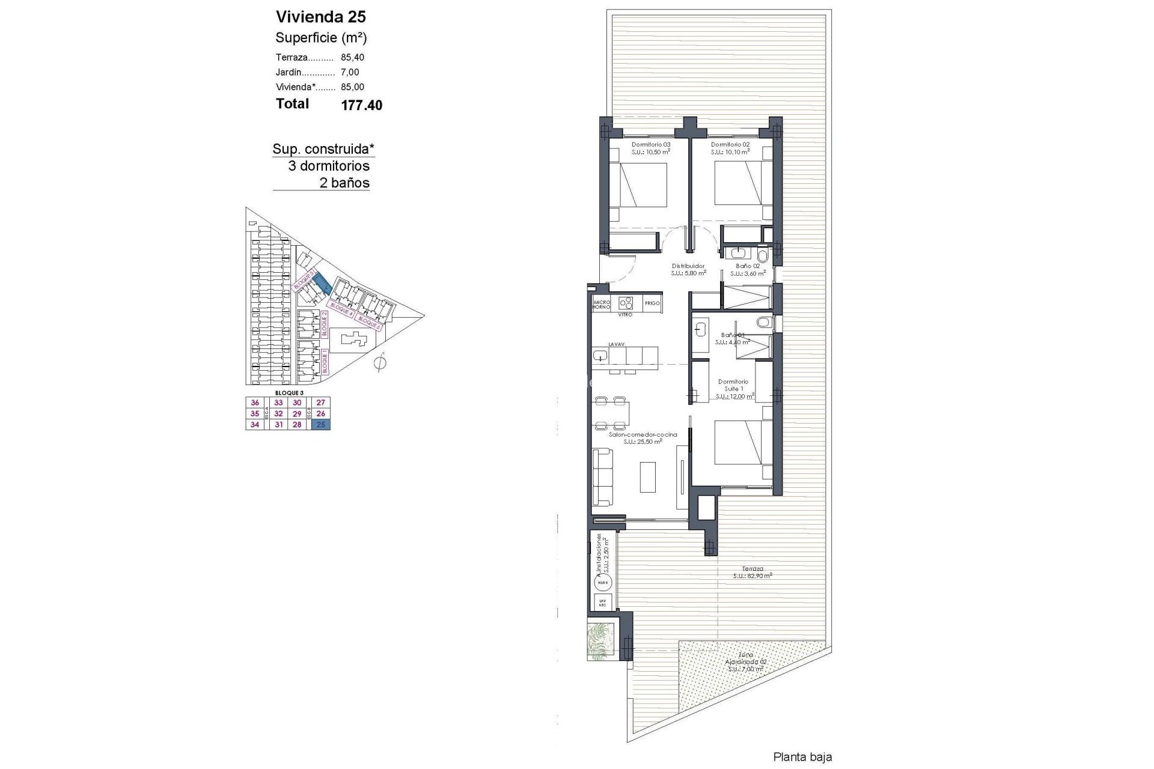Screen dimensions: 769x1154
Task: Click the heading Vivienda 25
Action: (320, 17)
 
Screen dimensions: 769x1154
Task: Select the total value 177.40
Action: (361, 106)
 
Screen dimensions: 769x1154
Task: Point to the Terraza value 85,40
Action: (352, 58)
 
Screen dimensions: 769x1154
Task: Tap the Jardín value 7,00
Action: (350, 72)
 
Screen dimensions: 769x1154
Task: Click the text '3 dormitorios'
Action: (329, 166)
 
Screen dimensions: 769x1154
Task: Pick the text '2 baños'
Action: (344, 183)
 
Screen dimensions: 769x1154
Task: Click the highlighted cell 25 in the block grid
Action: (320, 425)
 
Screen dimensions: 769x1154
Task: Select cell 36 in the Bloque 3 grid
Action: (255, 403)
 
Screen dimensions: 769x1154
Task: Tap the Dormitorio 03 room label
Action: (650, 145)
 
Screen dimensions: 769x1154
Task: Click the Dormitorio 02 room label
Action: (730, 145)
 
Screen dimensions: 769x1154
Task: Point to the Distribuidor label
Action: (688, 266)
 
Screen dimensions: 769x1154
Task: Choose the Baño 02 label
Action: (748, 266)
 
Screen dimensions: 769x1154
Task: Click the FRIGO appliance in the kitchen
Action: (652, 303)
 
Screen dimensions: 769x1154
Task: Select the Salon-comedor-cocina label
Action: (643, 434)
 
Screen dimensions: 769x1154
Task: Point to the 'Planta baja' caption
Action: (802, 758)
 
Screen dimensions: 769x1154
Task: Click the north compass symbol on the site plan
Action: (379, 363)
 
